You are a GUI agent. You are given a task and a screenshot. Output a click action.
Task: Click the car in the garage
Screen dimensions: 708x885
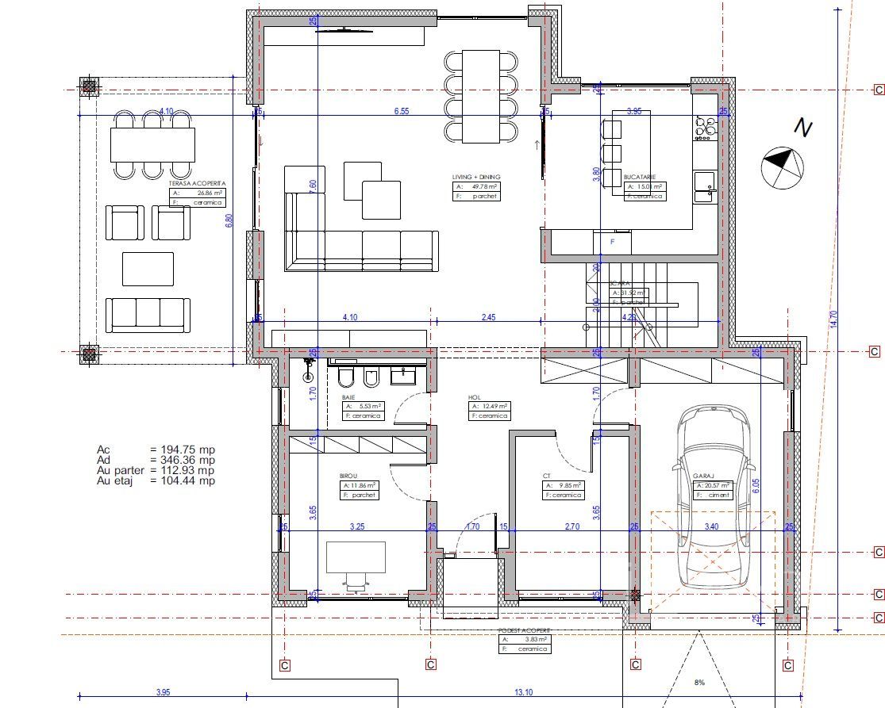coord(714,496)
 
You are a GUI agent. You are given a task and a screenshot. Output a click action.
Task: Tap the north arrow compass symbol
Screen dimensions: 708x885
coord(783,165)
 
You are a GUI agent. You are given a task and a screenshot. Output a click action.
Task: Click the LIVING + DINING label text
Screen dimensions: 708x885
coord(476,177)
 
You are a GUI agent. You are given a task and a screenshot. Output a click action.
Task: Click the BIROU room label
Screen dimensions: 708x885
coord(350,476)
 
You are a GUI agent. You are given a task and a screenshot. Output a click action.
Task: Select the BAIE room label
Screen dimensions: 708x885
coord(348,396)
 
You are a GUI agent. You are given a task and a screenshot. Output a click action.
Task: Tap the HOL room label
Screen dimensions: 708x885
coord(475,397)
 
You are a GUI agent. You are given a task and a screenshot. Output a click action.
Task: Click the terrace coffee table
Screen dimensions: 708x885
coord(148,269)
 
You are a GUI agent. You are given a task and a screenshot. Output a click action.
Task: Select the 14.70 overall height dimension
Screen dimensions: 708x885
coord(833,317)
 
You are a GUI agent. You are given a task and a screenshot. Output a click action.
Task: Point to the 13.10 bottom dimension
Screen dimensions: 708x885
coord(524,692)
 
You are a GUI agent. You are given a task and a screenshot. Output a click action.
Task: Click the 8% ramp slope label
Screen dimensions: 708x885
coord(699,682)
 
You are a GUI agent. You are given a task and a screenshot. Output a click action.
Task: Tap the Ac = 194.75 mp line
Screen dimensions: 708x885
coord(156,450)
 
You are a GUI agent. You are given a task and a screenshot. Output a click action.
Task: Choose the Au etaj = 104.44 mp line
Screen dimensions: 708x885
coord(156,480)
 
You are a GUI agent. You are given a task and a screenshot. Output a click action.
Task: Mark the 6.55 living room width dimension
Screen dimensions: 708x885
coord(401,112)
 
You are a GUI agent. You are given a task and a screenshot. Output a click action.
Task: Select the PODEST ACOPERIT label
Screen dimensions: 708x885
coord(524,630)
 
